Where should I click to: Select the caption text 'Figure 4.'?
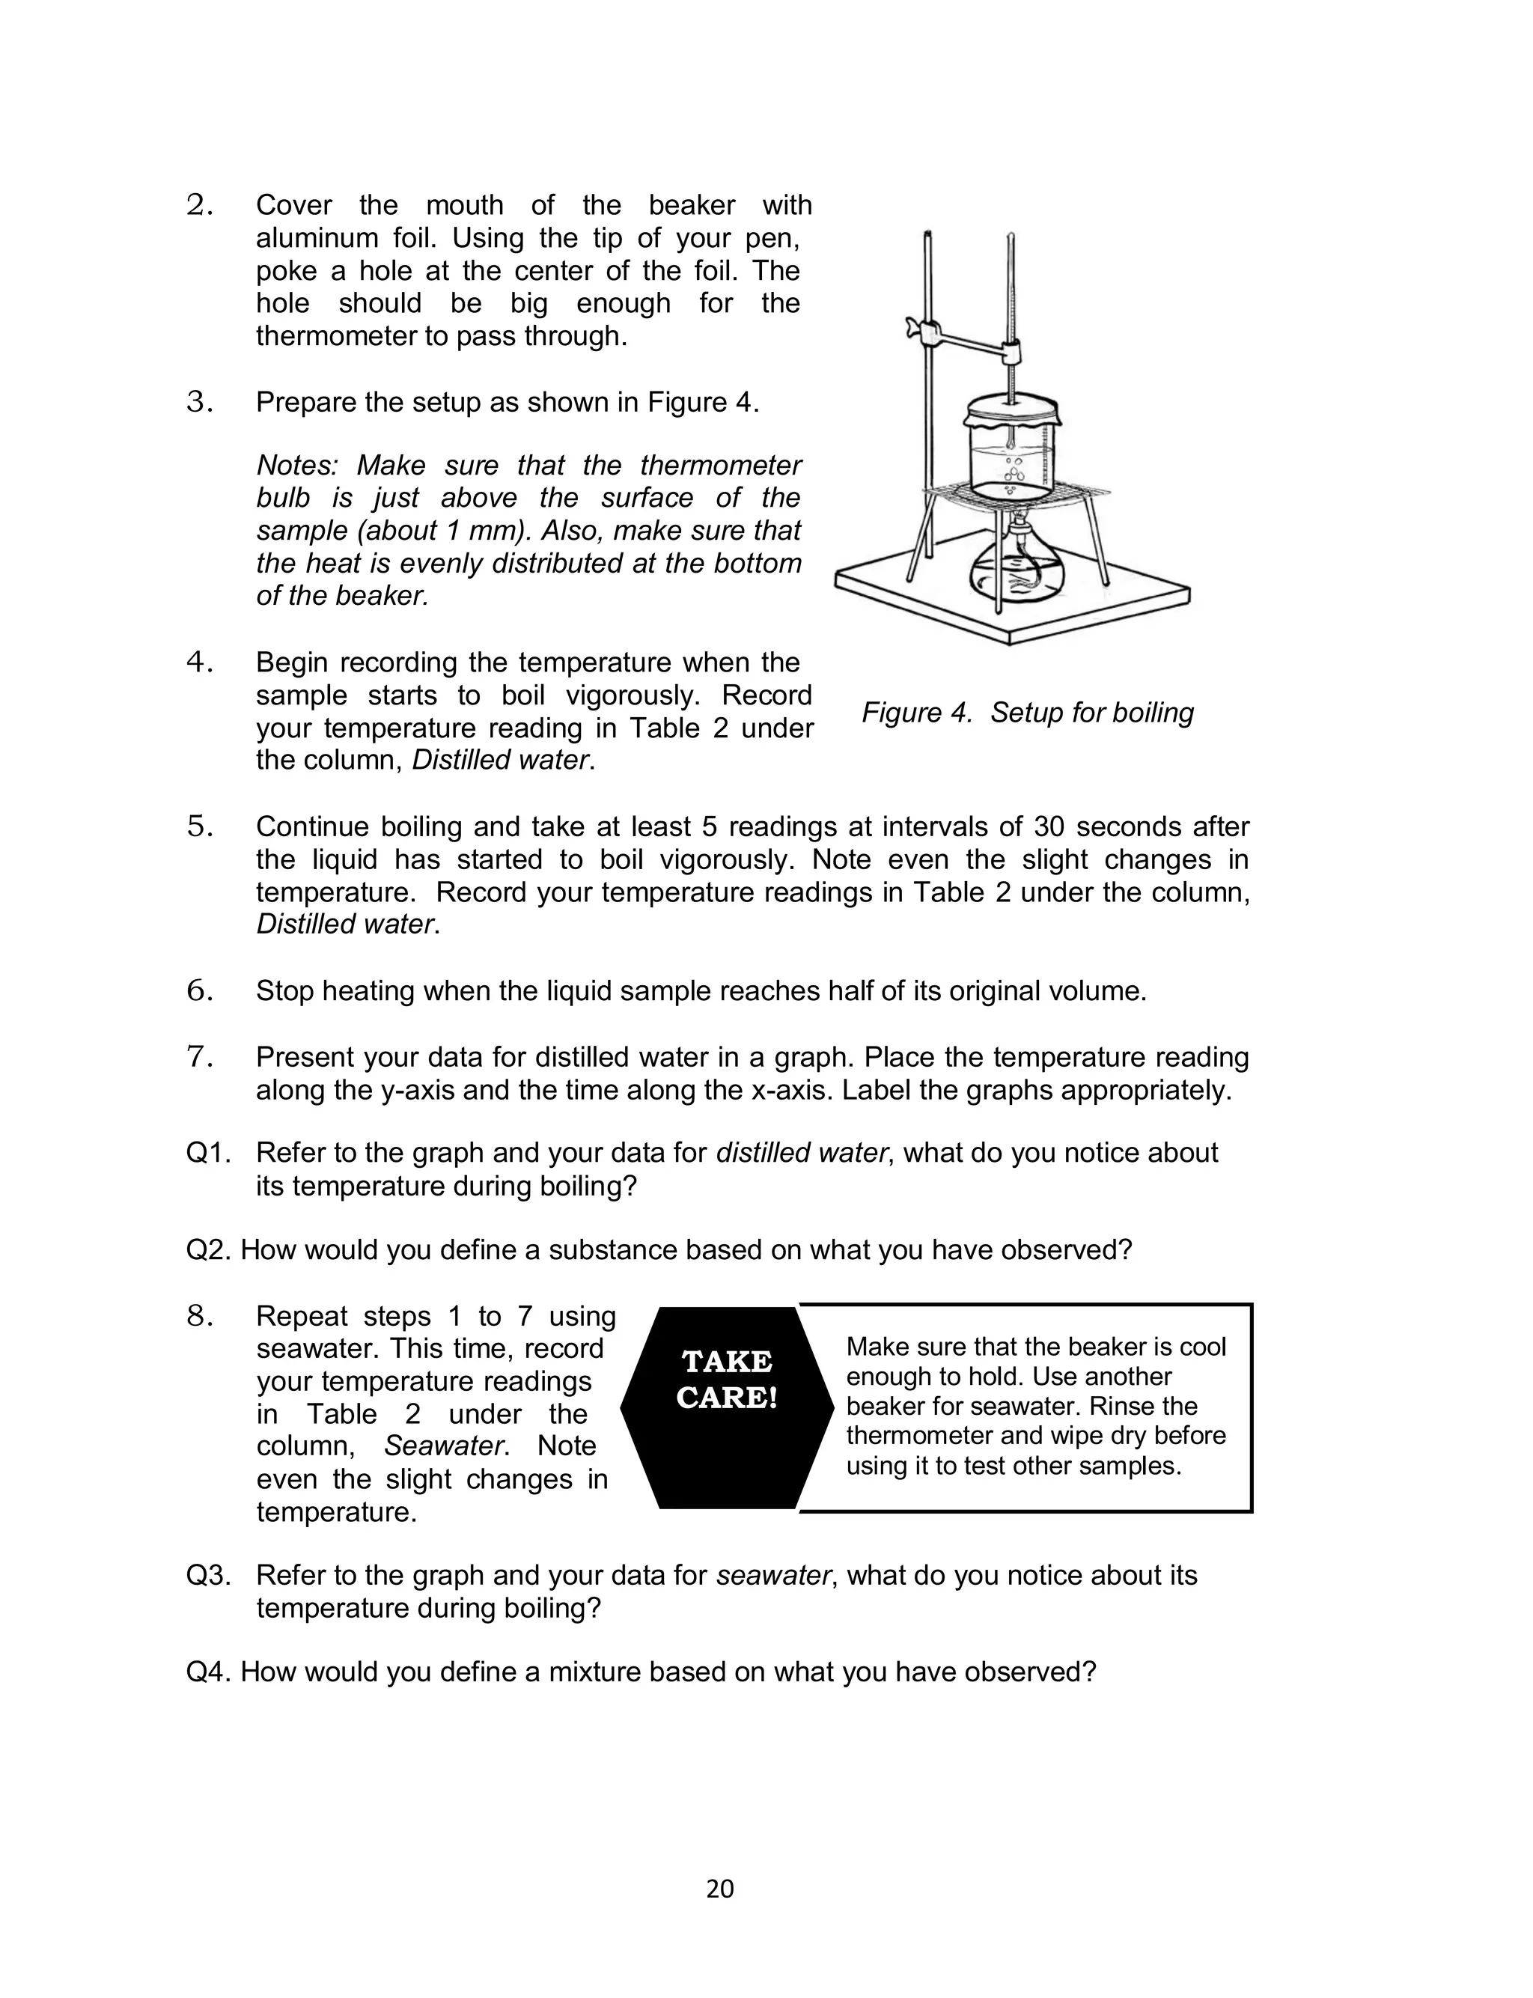click(916, 713)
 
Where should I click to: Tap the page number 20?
click(720, 1889)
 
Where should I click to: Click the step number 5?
click(199, 826)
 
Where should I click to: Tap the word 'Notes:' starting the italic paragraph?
click(297, 466)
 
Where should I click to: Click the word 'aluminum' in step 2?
click(316, 238)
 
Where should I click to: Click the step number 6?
click(199, 991)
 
